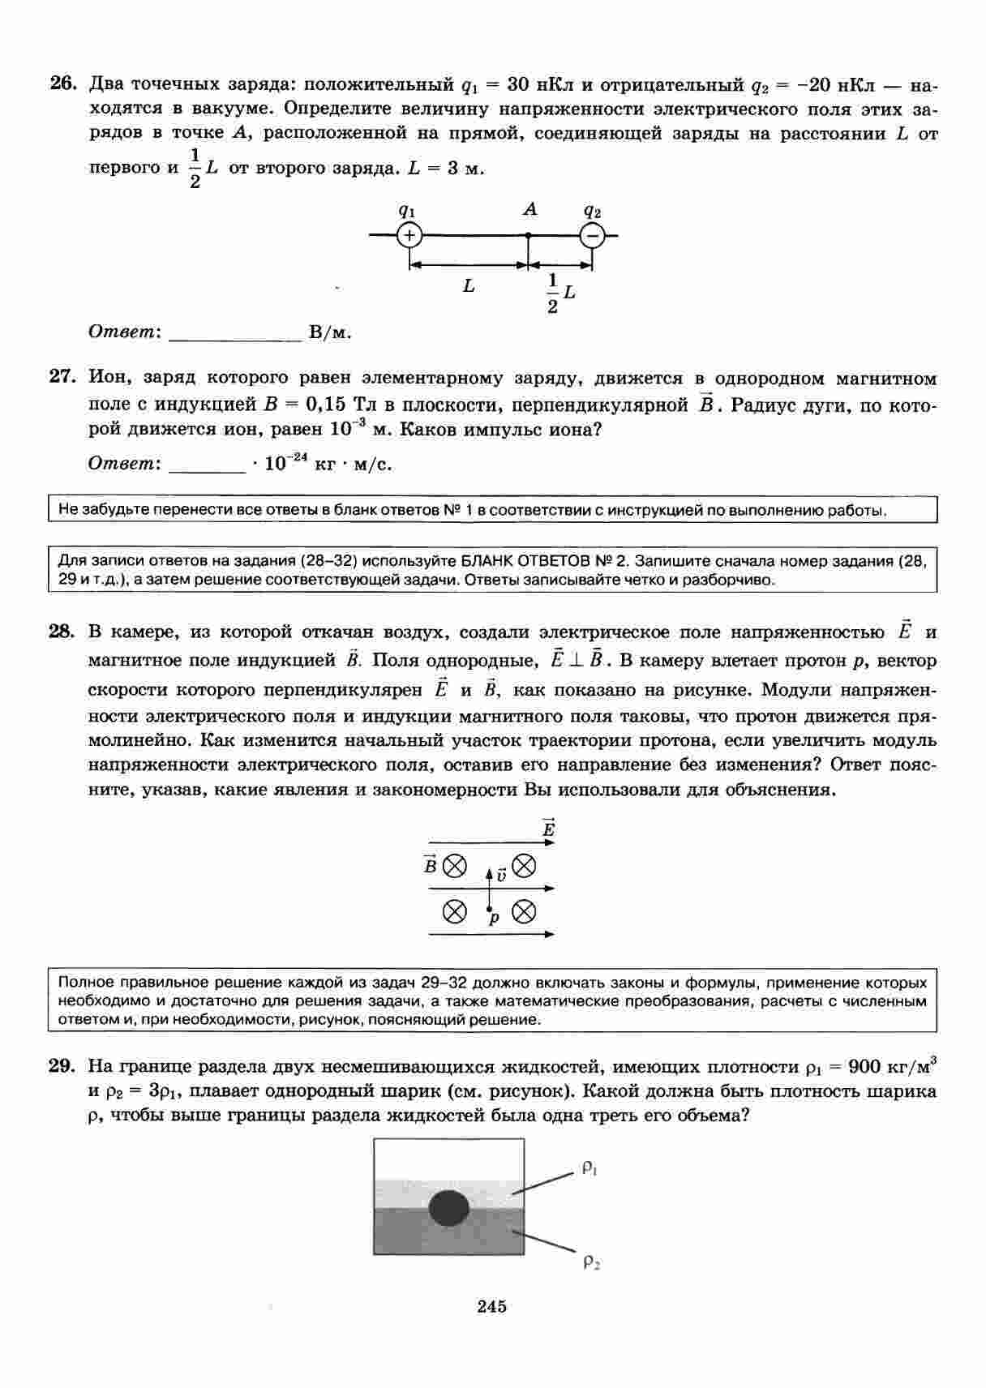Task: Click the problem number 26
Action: pos(63,84)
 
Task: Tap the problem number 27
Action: pos(63,378)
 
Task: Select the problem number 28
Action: pos(63,632)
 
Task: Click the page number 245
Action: pos(492,1306)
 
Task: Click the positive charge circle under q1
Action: pos(409,236)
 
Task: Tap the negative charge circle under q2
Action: pos(592,236)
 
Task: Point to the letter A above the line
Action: pos(529,210)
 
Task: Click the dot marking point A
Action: pos(528,236)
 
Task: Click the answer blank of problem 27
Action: pos(206,465)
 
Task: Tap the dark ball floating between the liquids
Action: pos(449,1208)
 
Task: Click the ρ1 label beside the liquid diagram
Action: pos(589,1168)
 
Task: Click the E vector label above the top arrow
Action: pos(549,829)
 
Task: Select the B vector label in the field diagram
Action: pos(430,866)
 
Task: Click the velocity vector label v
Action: pos(501,876)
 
